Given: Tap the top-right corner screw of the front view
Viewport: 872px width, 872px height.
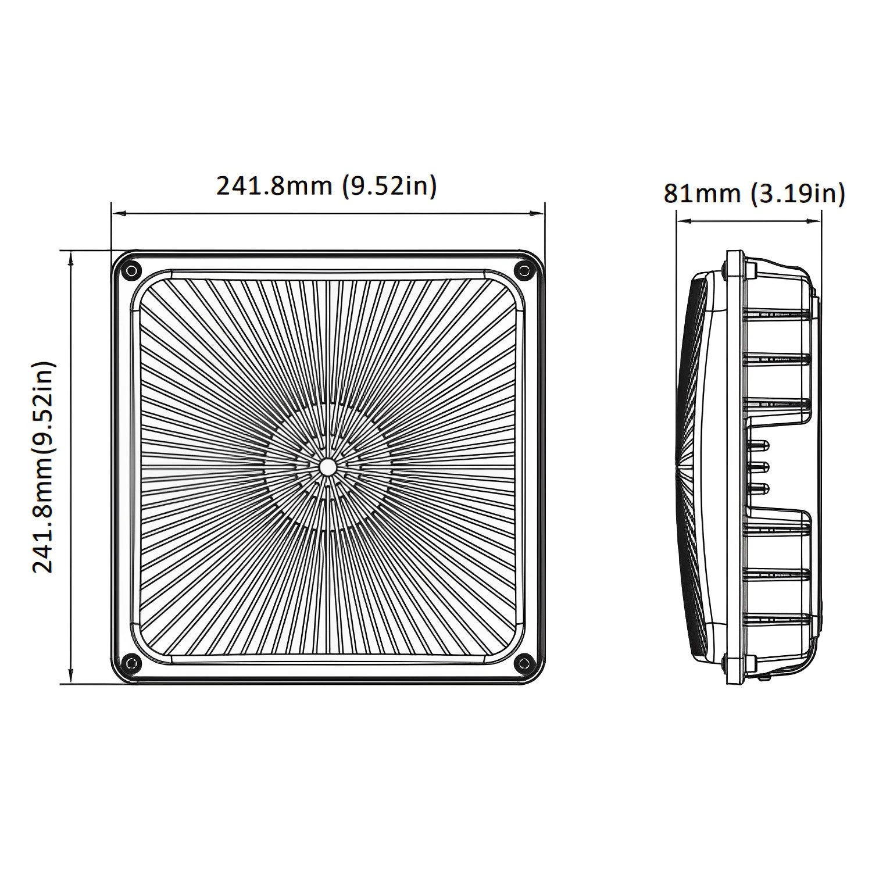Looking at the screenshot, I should tap(524, 269).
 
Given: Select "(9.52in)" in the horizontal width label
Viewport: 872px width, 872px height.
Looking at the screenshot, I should tap(389, 186).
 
